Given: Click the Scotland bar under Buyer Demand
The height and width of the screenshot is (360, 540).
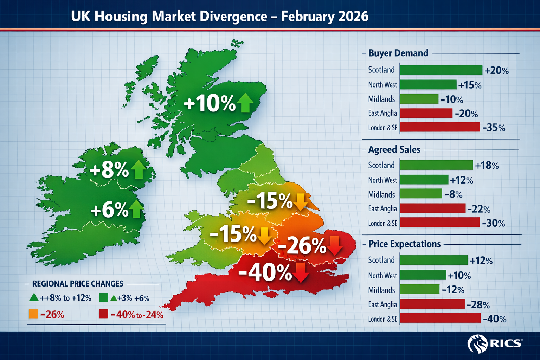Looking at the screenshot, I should pyautogui.click(x=441, y=70).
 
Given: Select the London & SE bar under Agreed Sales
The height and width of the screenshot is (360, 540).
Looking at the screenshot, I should pyautogui.click(x=440, y=223).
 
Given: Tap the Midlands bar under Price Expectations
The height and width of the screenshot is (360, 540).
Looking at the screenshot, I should pyautogui.click(x=419, y=289).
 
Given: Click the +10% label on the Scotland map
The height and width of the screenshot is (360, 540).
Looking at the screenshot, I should pyautogui.click(x=210, y=104).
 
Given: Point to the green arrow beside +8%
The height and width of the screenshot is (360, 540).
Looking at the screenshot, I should pyautogui.click(x=139, y=169).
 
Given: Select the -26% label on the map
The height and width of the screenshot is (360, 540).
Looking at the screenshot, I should pyautogui.click(x=302, y=246).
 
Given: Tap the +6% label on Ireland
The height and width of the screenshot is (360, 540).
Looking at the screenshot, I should pyautogui.click(x=109, y=210).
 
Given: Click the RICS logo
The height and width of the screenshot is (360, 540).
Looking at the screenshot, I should pyautogui.click(x=495, y=343).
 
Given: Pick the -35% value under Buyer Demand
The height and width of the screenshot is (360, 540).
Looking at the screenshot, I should pyautogui.click(x=494, y=128).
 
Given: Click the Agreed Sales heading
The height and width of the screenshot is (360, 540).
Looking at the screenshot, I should pyautogui.click(x=394, y=149).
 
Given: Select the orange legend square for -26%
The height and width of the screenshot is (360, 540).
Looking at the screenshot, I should pyautogui.click(x=33, y=314).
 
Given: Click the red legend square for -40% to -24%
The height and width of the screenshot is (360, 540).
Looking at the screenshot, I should pyautogui.click(x=103, y=314).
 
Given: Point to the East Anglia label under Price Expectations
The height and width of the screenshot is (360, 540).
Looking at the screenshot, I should pyautogui.click(x=382, y=304).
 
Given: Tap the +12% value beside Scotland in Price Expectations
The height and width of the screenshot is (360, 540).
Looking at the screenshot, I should pyautogui.click(x=481, y=261).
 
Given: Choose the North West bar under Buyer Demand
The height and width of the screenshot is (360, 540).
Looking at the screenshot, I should pyautogui.click(x=428, y=85).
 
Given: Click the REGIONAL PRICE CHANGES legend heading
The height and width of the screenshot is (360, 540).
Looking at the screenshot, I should pyautogui.click(x=78, y=284).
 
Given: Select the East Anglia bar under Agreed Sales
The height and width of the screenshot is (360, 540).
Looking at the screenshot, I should pyautogui.click(x=432, y=208).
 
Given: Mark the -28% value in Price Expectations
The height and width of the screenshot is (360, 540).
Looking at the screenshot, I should pyautogui.click(x=478, y=304).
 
